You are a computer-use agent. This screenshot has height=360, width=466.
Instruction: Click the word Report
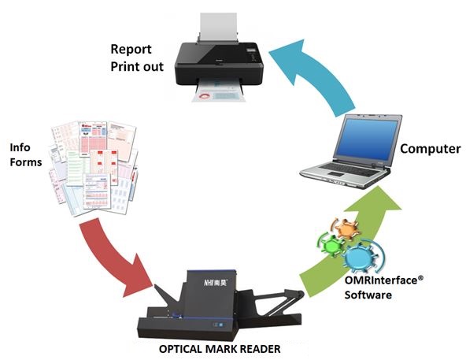[131, 50]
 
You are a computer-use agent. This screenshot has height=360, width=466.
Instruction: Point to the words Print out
[137, 67]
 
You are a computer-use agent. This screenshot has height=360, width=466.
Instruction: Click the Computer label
[431, 149]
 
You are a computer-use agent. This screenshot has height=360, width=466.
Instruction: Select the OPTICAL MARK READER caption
[220, 349]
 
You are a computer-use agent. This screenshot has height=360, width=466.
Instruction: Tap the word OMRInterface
[381, 280]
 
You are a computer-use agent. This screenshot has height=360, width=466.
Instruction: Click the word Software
[368, 295]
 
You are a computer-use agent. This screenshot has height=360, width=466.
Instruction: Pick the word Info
[20, 147]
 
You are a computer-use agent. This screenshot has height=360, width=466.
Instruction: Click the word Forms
[26, 162]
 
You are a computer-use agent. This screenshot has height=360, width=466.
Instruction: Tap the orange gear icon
[346, 228]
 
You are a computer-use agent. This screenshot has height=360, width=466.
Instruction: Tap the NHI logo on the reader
[215, 282]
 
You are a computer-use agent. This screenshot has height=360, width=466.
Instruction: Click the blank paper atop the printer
[219, 28]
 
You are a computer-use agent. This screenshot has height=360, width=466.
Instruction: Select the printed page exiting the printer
[220, 94]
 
